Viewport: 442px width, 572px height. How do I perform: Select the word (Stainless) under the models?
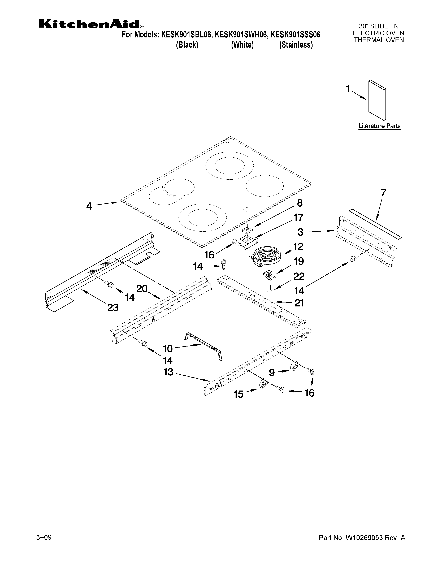[x=296, y=45]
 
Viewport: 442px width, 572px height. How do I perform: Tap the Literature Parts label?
[x=379, y=126]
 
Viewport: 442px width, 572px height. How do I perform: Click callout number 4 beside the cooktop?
[x=89, y=206]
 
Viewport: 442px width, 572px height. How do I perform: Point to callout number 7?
[x=383, y=193]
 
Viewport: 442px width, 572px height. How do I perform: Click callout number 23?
[x=113, y=307]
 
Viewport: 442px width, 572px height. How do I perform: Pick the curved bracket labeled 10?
[x=204, y=346]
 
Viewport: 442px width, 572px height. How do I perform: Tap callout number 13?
[x=168, y=372]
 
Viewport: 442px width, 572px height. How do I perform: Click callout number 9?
[x=272, y=373]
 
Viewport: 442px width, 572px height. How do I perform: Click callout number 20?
[x=142, y=289]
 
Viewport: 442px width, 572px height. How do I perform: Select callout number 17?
[x=298, y=217]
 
